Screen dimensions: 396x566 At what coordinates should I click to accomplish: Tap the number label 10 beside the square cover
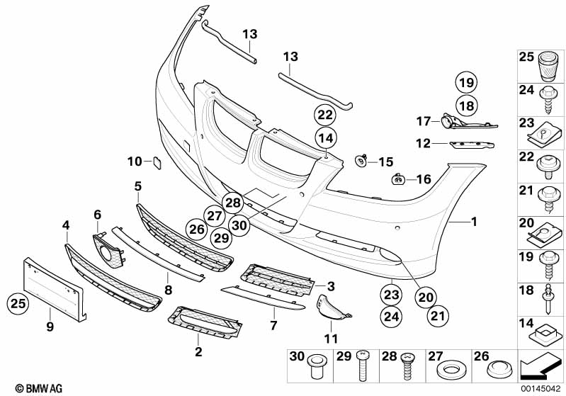coord(135,162)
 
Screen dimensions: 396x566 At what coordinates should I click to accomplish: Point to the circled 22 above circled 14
coord(325,114)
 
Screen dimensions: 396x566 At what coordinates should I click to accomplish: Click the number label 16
coord(424,179)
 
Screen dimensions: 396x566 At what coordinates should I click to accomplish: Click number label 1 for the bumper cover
coord(473,222)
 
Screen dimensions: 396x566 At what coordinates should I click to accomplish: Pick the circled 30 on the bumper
coord(240,225)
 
